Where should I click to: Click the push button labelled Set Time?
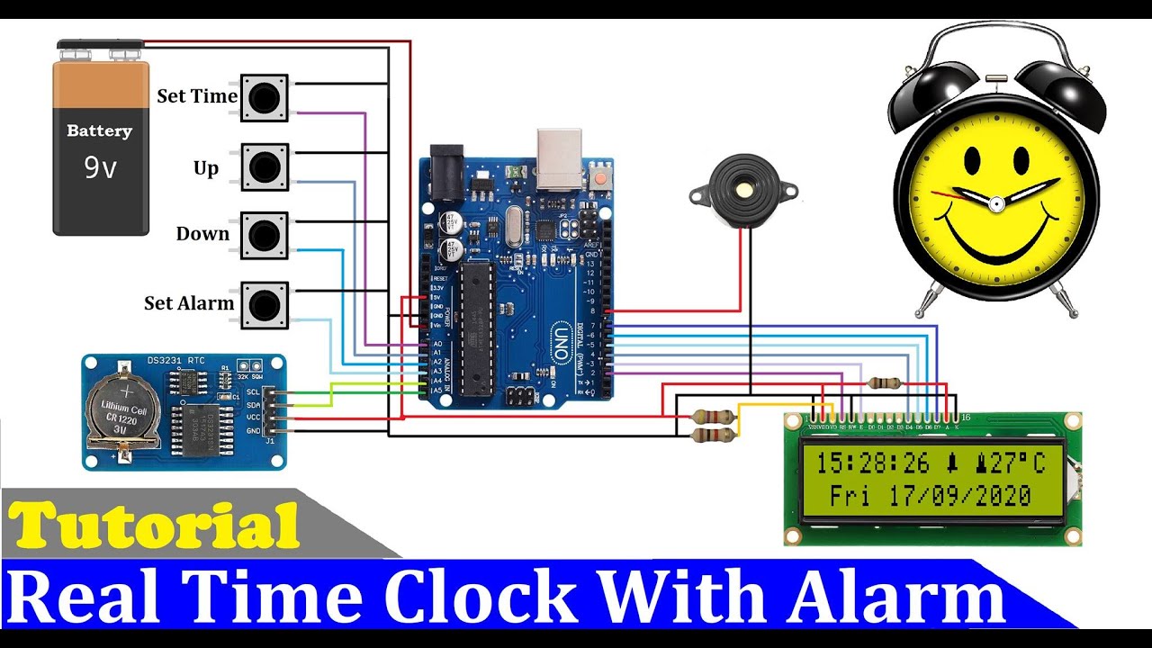264,97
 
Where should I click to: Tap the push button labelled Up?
264,166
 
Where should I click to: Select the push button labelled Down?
264,235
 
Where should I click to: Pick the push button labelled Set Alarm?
264,304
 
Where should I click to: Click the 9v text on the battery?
100,167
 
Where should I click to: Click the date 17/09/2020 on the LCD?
959,495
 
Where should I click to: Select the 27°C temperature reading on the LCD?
1018,463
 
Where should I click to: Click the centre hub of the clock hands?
996,204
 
